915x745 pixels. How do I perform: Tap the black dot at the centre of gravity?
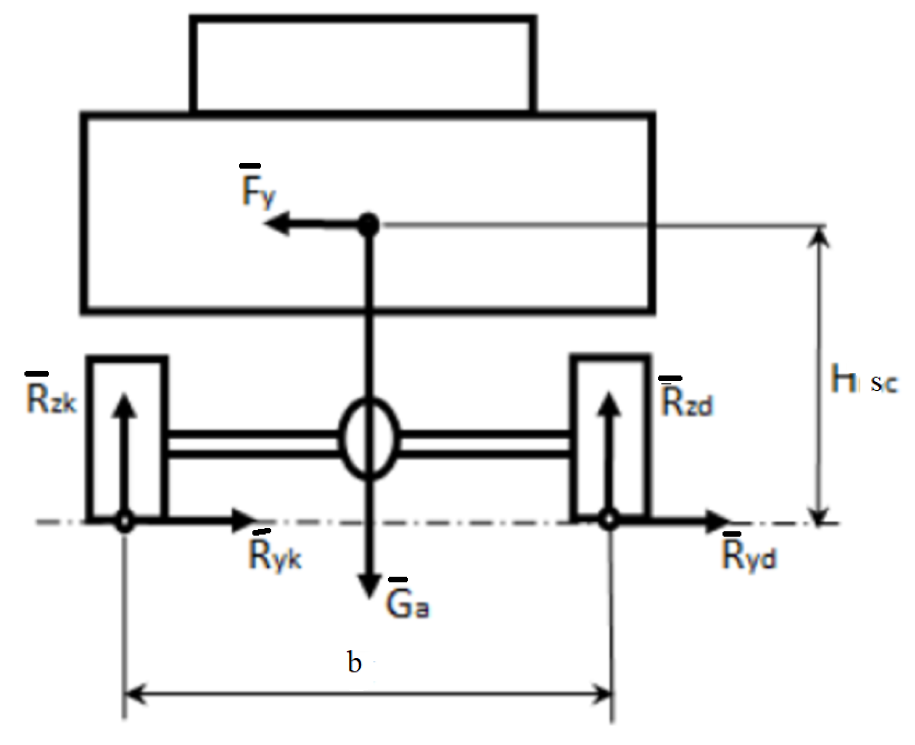pos(368,225)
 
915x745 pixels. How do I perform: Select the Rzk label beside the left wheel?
pos(51,398)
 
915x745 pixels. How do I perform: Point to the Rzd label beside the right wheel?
pos(686,401)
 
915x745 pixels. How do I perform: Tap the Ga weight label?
pos(407,604)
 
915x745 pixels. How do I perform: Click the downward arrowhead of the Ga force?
pos(369,587)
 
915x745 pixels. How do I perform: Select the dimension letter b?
pos(354,662)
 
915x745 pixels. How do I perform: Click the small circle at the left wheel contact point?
pos(124,521)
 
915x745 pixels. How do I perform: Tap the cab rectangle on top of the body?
pos(363,64)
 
